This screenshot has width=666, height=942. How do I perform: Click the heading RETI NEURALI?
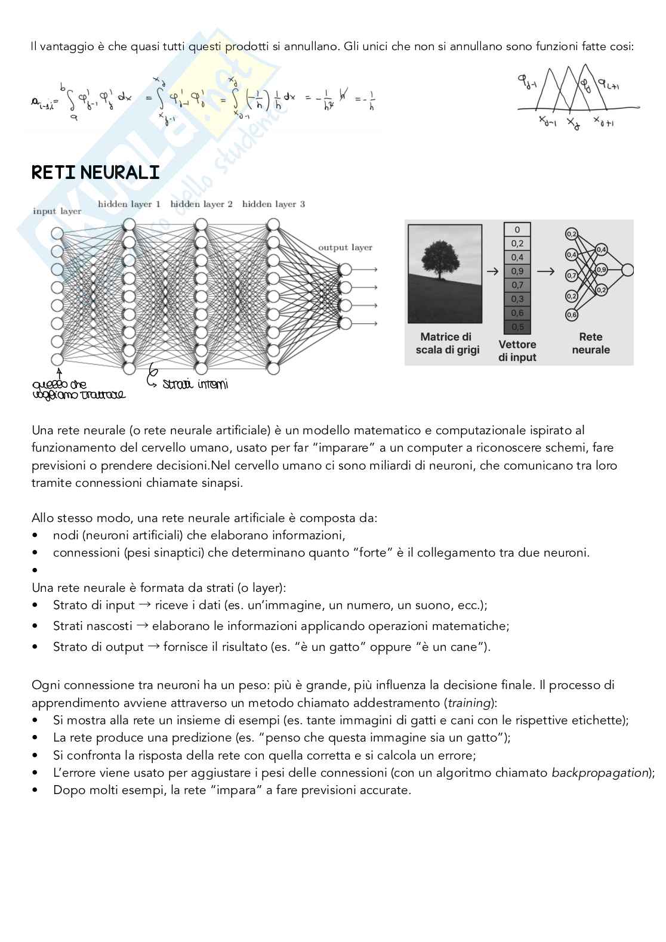pyautogui.click(x=95, y=173)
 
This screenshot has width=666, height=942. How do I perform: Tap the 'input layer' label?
pyautogui.click(x=57, y=211)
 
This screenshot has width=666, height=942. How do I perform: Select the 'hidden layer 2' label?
pyautogui.click(x=201, y=205)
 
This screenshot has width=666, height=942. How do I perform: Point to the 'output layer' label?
pyautogui.click(x=345, y=248)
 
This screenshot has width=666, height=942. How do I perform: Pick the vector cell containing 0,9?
pyautogui.click(x=517, y=271)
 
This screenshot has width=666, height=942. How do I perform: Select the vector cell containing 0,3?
pyautogui.click(x=517, y=299)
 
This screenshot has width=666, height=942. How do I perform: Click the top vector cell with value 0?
pyautogui.click(x=517, y=230)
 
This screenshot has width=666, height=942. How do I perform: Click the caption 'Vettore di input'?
pyautogui.click(x=517, y=351)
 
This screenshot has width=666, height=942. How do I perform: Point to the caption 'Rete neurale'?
pyautogui.click(x=590, y=344)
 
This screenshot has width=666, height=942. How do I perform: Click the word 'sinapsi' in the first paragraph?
pyautogui.click(x=221, y=483)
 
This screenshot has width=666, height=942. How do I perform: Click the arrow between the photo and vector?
pyautogui.click(x=492, y=271)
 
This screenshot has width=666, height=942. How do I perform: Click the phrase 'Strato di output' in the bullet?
pyautogui.click(x=98, y=647)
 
